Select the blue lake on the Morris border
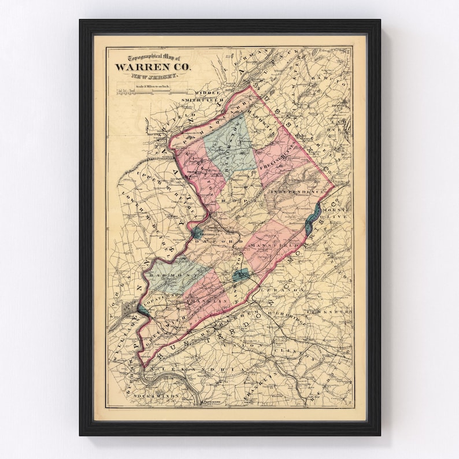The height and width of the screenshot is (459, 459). click(x=312, y=216)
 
